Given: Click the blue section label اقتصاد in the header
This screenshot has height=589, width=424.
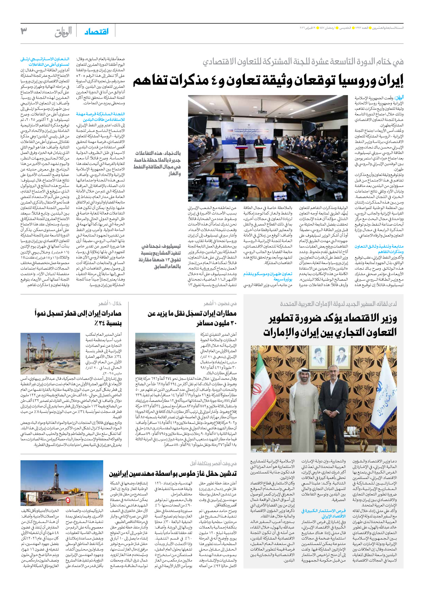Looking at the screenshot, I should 97,32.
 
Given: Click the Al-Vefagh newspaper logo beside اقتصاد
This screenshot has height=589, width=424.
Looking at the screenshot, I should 63,32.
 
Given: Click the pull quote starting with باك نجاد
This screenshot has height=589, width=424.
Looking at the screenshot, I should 157,163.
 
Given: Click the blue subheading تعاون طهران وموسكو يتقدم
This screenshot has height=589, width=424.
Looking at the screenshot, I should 268,276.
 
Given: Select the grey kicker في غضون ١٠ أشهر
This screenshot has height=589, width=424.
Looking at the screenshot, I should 220,303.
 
